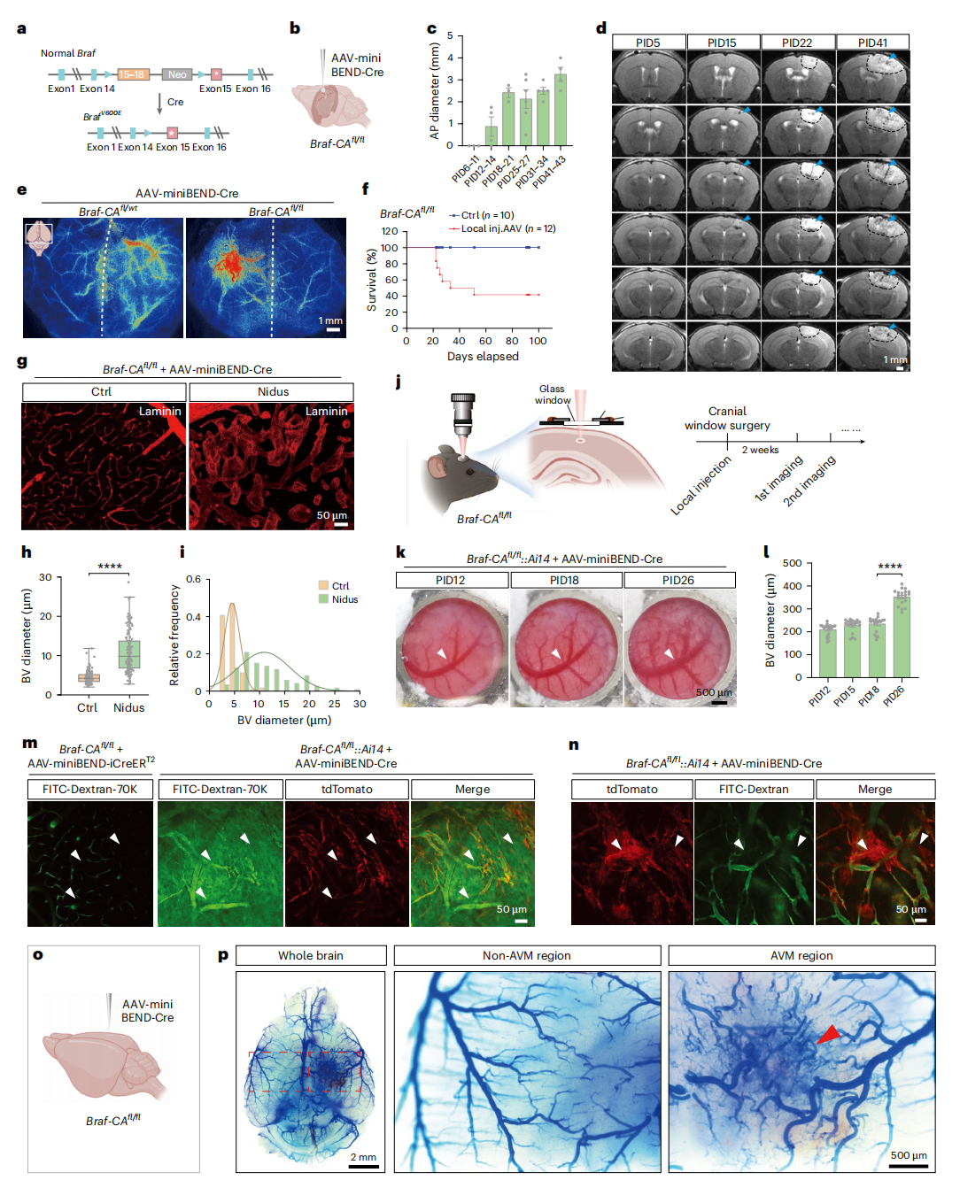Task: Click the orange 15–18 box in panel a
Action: [x=133, y=74]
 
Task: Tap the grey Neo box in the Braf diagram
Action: [x=177, y=74]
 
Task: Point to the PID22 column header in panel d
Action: [x=797, y=42]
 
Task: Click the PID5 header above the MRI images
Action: [x=647, y=42]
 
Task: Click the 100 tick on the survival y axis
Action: [x=390, y=248]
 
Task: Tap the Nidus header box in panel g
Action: [x=273, y=391]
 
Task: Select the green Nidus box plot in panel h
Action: [x=128, y=655]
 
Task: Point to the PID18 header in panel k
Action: [x=564, y=580]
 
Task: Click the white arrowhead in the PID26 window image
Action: [x=669, y=654]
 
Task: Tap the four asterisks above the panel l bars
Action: [x=889, y=567]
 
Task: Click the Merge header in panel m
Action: [x=472, y=789]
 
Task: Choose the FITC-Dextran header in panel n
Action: [x=754, y=789]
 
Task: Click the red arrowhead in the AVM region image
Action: [x=829, y=1034]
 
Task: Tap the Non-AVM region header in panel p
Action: [x=526, y=955]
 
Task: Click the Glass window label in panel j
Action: [x=552, y=394]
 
